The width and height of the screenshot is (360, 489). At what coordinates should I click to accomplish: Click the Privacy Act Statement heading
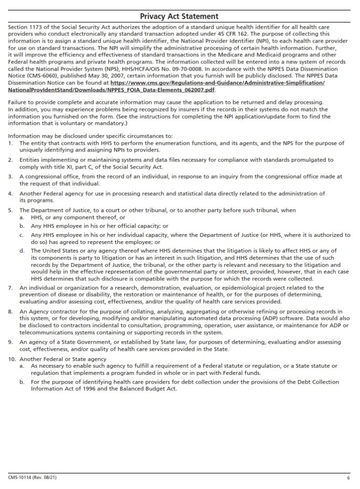coord(180,16)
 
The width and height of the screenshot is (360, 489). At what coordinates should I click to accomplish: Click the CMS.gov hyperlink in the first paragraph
coord(217,83)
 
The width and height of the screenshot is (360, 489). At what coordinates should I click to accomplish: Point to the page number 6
coord(348,478)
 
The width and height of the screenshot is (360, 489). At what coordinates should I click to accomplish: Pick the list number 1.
coord(11,143)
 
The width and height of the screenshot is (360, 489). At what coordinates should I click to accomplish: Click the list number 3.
coord(11,176)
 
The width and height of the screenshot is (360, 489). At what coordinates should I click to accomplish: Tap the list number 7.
coord(11,288)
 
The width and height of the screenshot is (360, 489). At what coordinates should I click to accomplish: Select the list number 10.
coord(12,359)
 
